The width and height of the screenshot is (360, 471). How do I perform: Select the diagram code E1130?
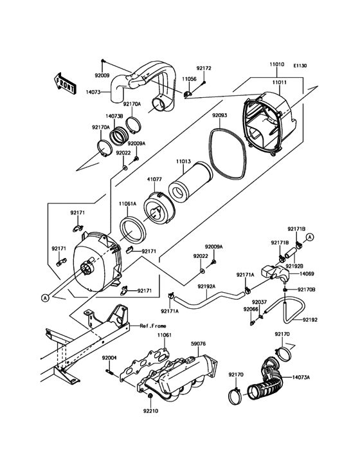(x=301, y=66)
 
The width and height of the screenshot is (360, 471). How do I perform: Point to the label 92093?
(x=220, y=116)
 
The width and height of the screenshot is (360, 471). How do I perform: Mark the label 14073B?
(x=114, y=116)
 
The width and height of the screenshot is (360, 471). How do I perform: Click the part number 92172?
(x=204, y=68)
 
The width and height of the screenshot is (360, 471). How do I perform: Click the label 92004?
(x=109, y=358)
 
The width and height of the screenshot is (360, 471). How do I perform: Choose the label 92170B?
(x=306, y=290)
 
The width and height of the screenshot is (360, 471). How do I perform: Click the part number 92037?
(x=259, y=302)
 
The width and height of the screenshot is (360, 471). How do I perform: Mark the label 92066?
(x=251, y=309)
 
